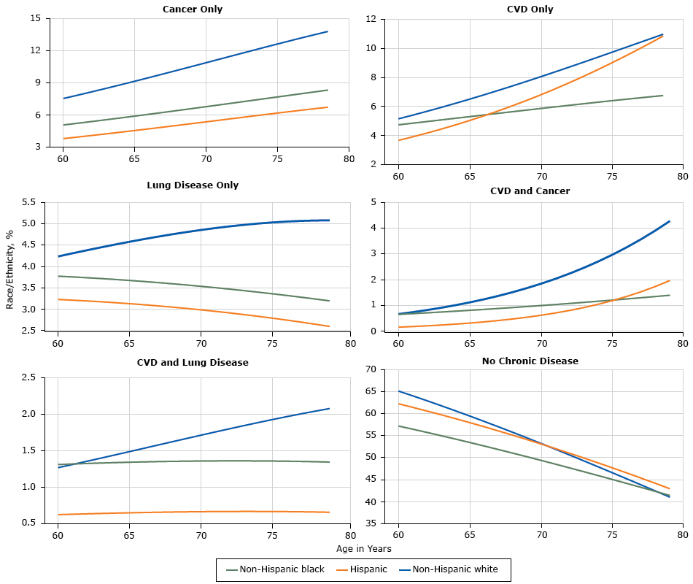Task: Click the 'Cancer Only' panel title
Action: click(x=193, y=9)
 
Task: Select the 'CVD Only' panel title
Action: click(x=530, y=9)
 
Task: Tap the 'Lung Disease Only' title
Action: click(x=193, y=185)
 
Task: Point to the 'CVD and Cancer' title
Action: click(x=530, y=191)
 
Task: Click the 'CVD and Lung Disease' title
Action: click(x=193, y=362)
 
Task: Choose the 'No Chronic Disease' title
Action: click(x=530, y=361)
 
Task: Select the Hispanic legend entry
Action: click(x=362, y=569)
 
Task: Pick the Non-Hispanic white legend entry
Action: click(x=451, y=569)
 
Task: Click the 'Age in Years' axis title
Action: click(x=363, y=548)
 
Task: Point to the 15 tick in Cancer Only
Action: click(x=36, y=18)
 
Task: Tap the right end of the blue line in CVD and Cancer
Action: click(x=669, y=221)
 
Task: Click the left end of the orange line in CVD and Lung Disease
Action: click(x=58, y=515)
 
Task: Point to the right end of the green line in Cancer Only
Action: click(x=328, y=90)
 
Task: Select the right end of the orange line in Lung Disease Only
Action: click(x=329, y=326)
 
